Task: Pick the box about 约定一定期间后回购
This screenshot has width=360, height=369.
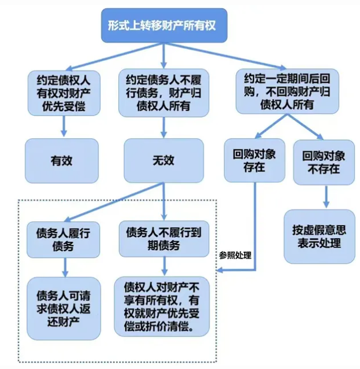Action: [x=286, y=91]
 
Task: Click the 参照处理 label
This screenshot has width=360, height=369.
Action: [x=235, y=255]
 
